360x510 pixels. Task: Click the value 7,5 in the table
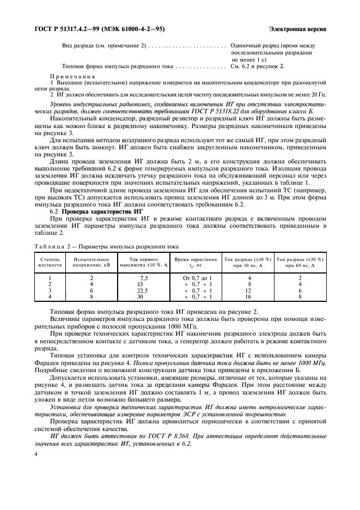[x=144, y=278]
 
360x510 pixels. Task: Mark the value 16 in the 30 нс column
[x=249, y=297]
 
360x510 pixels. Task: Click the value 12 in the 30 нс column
[x=249, y=290]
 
